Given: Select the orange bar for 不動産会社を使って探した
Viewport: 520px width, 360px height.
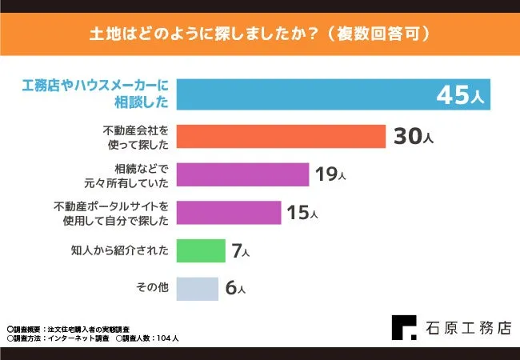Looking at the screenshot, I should (280, 137).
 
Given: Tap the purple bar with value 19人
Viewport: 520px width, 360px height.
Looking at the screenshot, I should (242, 174).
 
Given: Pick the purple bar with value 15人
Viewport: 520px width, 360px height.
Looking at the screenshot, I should (228, 212).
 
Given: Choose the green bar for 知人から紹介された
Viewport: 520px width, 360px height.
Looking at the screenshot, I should (200, 250).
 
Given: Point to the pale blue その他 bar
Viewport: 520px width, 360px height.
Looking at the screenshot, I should (197, 288).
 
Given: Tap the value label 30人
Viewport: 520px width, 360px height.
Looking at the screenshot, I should (413, 137).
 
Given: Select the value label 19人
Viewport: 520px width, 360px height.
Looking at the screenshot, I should (330, 174).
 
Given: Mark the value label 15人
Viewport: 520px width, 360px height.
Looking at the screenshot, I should (302, 213).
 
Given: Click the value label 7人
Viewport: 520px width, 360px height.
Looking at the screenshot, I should (240, 251).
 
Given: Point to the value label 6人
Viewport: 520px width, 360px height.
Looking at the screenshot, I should (234, 289).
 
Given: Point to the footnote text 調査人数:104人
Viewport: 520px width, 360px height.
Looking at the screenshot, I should (147, 338).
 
